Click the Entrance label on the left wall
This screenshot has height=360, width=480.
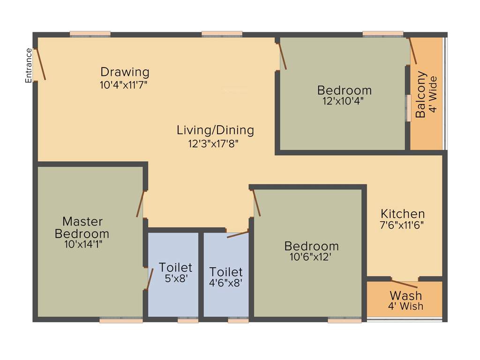[29, 66]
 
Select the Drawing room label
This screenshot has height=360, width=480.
[125, 72]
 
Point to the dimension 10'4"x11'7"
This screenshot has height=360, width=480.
[124, 85]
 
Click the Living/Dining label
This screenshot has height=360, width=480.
[215, 130]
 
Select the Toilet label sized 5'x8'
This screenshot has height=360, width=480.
[175, 268]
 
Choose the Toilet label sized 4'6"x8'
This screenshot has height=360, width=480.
[226, 272]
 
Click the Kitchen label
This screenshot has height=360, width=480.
[403, 214]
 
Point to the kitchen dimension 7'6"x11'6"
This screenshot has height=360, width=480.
[402, 225]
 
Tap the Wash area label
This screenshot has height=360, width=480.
[406, 296]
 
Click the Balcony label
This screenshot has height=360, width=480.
[421, 94]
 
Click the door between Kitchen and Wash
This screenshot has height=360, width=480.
[404, 283]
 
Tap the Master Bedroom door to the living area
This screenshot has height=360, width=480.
[140, 204]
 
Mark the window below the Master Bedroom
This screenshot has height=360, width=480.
[121, 321]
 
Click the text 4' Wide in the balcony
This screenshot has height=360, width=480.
[433, 94]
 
